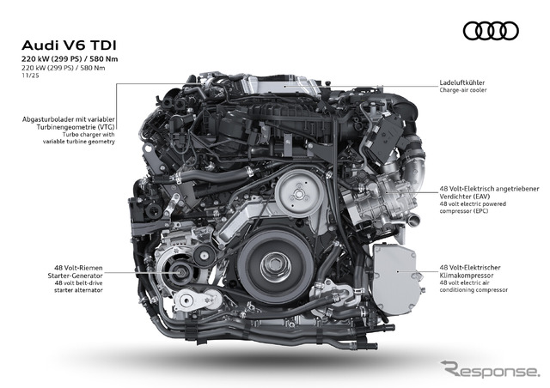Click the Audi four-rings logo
[491, 32]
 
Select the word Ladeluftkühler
[463, 83]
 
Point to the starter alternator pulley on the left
[183, 274]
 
